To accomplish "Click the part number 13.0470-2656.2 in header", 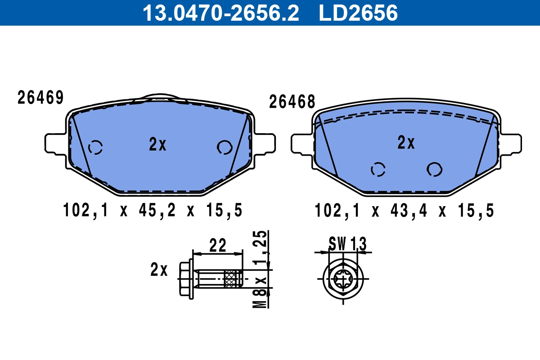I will (220, 13).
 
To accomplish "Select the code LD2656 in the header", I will (358, 13).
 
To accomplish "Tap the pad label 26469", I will (40, 98).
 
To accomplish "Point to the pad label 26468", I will (292, 102).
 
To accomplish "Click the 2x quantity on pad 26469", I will (157, 144).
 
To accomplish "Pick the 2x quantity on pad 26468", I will (406, 143).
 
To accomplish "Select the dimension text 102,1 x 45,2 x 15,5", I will (153, 210).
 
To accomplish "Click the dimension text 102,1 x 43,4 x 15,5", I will (404, 210).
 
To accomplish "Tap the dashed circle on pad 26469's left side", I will (95, 147).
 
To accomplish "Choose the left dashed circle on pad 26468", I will (378, 169).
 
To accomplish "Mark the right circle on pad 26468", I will (434, 169).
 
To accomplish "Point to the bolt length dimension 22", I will (217, 245).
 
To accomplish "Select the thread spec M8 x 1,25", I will (261, 270).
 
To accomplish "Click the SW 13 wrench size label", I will (347, 244).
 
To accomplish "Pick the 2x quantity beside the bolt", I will (159, 270).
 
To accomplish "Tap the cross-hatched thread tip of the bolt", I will (233, 279).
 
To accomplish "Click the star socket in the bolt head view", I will (343, 279).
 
